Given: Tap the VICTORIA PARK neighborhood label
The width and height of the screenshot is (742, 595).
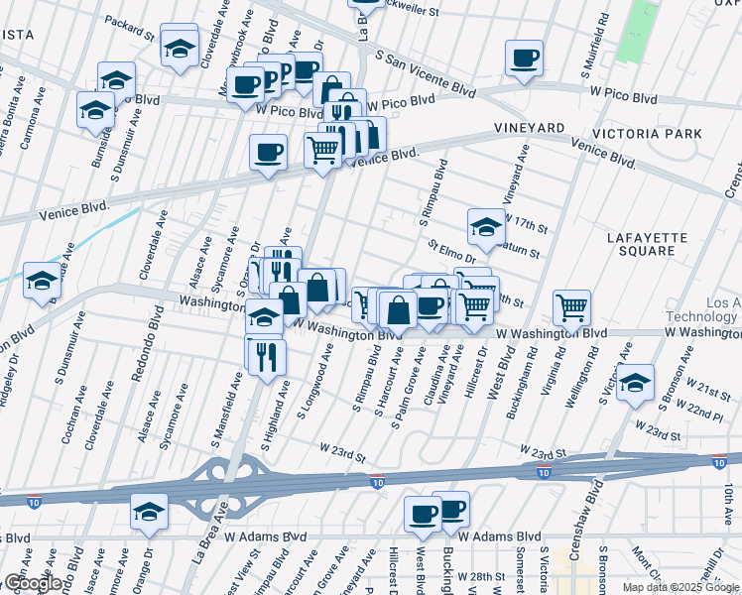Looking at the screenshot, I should point(647,133).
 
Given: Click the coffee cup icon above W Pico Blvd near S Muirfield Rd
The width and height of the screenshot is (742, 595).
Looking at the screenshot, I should point(524,58).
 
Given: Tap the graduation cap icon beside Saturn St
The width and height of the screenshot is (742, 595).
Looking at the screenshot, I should point(486,227).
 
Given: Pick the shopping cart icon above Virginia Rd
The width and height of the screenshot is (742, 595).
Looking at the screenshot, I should point(572,308).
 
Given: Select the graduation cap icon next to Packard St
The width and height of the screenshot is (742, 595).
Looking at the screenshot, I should point(180,46).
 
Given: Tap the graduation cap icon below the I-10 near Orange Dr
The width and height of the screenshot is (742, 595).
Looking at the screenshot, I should point(150,511).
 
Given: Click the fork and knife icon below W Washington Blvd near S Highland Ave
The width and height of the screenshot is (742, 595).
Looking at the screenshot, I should point(266,356).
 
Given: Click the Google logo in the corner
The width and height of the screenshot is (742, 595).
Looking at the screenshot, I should point(33,583).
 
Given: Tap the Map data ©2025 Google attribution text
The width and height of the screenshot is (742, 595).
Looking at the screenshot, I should point(680,587).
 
